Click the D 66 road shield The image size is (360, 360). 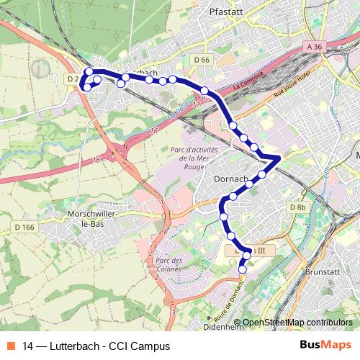(201, 60)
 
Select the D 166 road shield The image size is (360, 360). (24, 228)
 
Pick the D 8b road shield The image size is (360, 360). (297, 207)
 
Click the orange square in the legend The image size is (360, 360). (12, 345)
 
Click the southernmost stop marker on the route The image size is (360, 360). (242, 270)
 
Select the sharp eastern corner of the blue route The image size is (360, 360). (280, 157)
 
